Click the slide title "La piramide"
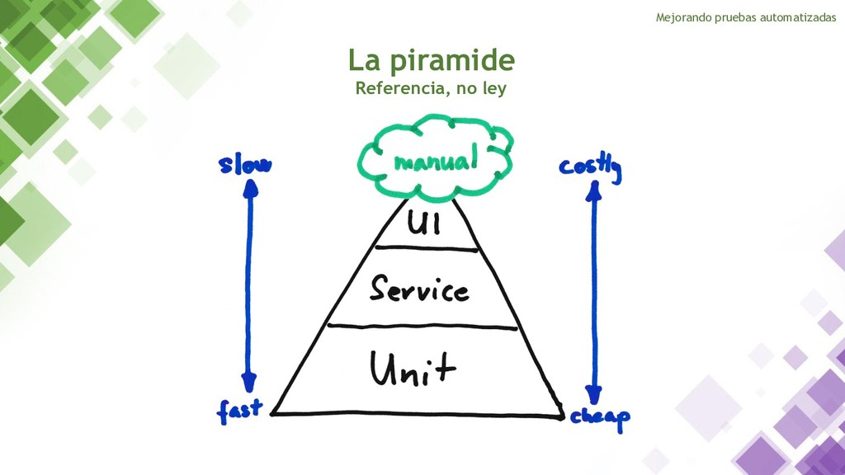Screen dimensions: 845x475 [431, 60]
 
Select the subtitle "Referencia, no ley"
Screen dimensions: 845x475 [430, 88]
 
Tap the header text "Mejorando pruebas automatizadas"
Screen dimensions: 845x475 [745, 17]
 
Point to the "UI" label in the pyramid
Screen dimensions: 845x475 [426, 222]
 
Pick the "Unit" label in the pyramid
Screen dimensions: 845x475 [413, 369]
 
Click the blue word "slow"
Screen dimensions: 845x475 [245, 166]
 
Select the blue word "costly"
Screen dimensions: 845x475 [590, 167]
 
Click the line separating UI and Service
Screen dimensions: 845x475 [426, 247]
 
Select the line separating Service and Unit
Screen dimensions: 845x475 [422, 327]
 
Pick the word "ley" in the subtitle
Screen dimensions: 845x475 [492, 88]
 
